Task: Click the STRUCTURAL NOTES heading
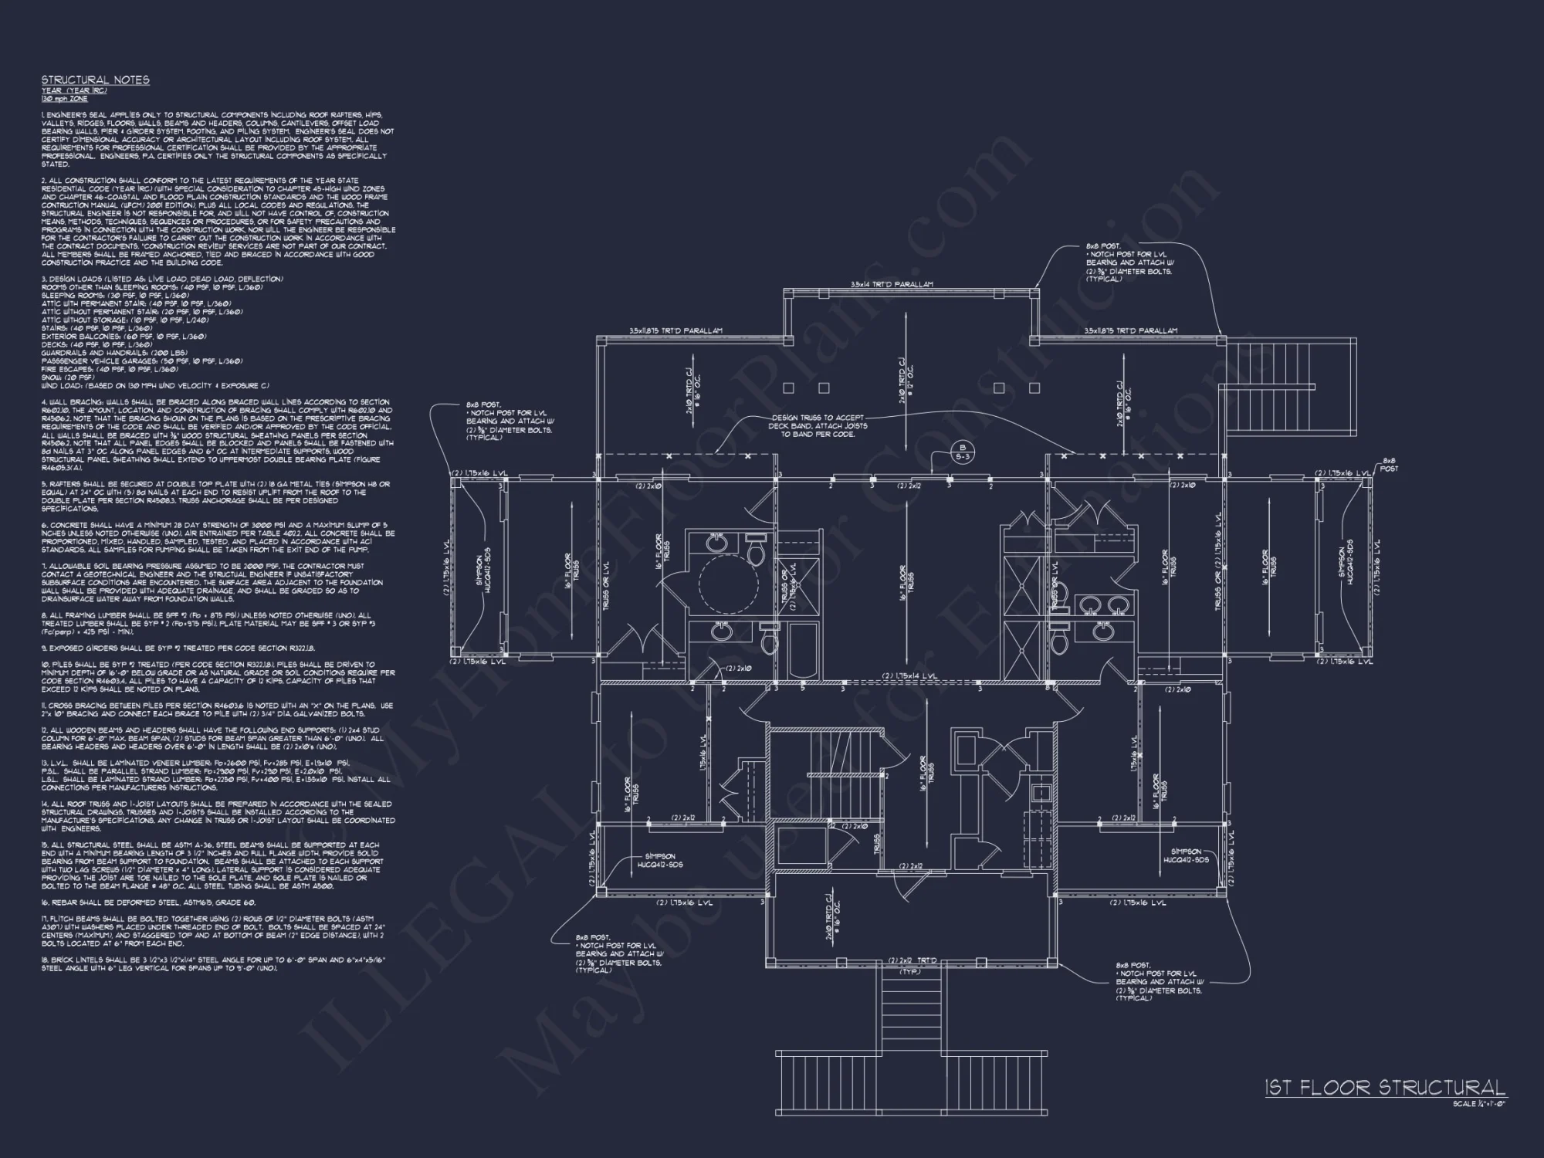pos(95,80)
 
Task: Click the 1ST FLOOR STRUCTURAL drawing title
pos(1384,1088)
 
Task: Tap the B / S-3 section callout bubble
pos(962,453)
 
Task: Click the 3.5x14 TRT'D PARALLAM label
pos(891,285)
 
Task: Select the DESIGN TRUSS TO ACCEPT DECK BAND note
pos(818,425)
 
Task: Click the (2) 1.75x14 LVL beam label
pos(912,676)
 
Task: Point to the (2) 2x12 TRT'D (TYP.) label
pos(912,965)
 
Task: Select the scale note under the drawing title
pos(1478,1104)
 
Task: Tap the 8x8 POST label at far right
pos(1389,464)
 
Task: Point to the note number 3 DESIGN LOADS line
pos(45,279)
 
